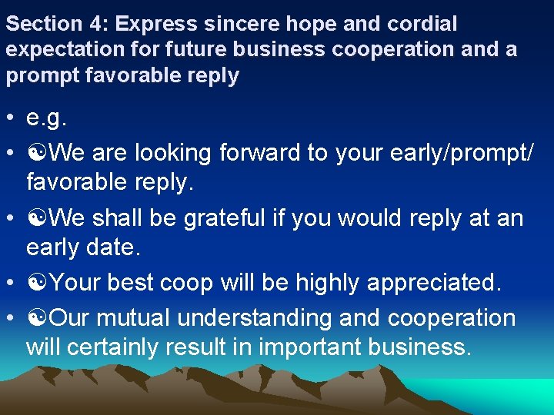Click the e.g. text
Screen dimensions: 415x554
47,120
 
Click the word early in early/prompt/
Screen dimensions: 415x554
419,153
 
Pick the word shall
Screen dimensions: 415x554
117,218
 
